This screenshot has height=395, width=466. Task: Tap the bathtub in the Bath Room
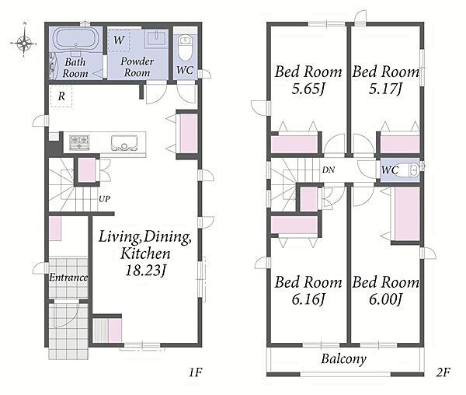(75, 38)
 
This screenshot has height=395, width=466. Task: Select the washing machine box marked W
(119, 40)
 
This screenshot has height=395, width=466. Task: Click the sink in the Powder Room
(156, 39)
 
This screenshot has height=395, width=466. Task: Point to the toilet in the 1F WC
(185, 47)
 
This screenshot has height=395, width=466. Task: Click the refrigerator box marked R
(61, 96)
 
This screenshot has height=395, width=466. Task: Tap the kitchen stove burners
(79, 142)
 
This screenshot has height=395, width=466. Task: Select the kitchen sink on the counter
(124, 143)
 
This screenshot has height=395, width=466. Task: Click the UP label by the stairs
(104, 199)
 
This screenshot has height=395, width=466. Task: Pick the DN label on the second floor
(329, 170)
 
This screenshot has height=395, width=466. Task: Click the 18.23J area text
(146, 271)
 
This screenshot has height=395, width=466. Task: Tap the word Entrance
(68, 278)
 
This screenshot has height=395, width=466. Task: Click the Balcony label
(344, 359)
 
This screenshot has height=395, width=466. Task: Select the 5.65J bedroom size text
(308, 89)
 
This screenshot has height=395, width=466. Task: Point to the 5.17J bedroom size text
(385, 89)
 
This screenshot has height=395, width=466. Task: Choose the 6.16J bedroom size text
(308, 299)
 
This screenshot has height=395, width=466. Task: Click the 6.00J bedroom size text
(386, 299)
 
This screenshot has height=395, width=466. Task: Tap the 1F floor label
(196, 372)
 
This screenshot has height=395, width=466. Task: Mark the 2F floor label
(443, 372)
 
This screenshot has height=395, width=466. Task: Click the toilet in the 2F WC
(409, 170)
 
